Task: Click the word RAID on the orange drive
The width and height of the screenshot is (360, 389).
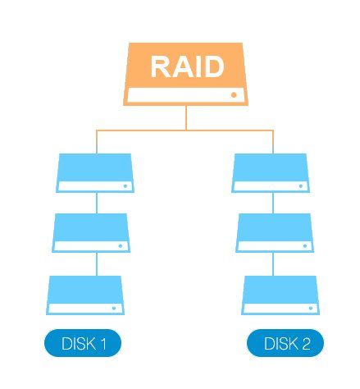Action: tap(187, 66)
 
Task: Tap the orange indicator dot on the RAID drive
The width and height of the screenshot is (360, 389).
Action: tap(234, 95)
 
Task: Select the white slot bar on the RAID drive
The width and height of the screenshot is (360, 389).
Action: tap(187, 95)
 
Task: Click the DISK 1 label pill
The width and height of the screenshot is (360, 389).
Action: tap(82, 344)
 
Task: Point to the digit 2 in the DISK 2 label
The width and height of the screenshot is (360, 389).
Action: tap(306, 344)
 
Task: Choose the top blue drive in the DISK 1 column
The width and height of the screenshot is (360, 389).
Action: tap(96, 172)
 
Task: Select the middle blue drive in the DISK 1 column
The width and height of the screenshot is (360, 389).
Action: tap(91, 232)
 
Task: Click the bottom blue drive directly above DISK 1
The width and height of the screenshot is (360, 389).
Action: tap(86, 295)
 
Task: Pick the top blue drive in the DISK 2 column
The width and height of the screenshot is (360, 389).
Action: tap(270, 172)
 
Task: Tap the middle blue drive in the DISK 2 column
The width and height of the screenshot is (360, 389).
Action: tap(274, 232)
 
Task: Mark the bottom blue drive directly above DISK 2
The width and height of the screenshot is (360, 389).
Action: tap(279, 295)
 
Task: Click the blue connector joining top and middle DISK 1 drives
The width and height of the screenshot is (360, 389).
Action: tap(97, 203)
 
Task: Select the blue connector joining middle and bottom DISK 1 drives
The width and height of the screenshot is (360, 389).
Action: tap(97, 263)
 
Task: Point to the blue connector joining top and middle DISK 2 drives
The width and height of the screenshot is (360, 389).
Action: tap(272, 203)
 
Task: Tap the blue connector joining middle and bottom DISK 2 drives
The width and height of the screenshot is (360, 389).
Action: tap(272, 263)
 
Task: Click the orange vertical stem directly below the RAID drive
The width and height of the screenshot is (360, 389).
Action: tap(187, 117)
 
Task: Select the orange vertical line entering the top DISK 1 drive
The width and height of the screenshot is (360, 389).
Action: tap(97, 141)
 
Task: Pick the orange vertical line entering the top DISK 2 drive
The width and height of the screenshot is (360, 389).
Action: tap(272, 141)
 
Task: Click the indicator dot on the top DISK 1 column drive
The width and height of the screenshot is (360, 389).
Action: tap(125, 185)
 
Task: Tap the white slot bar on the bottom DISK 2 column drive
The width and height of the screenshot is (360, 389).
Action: tap(279, 308)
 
